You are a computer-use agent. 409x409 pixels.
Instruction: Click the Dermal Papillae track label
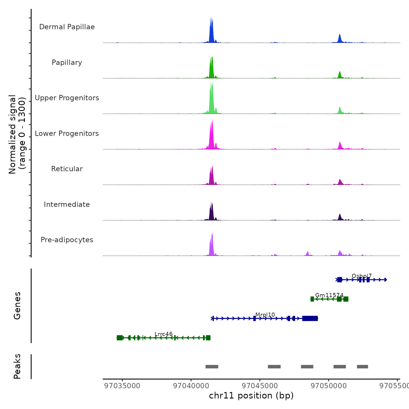tap(67, 27)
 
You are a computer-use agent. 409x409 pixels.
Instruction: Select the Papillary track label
tap(67, 63)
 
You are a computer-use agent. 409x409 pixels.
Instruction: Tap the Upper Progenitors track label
tap(67, 98)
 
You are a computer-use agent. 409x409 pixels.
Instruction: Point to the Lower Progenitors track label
tap(67, 134)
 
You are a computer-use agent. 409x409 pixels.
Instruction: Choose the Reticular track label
tap(67, 169)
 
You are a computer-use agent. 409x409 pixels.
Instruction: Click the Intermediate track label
tap(67, 204)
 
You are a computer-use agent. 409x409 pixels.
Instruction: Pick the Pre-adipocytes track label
tap(67, 240)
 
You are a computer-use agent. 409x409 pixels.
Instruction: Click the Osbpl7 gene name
tap(362, 276)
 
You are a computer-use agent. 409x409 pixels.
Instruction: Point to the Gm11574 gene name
tap(329, 295)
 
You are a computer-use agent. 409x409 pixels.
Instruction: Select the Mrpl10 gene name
tap(265, 315)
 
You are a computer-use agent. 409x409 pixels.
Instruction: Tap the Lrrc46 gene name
tap(164, 334)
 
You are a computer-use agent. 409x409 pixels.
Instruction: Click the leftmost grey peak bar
tap(212, 367)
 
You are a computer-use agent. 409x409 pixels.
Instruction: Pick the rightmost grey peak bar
tap(362, 367)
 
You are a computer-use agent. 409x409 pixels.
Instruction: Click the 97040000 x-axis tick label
tap(191, 386)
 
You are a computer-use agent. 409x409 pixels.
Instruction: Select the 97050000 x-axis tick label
tap(329, 386)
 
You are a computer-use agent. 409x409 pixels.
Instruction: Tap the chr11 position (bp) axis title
tap(251, 396)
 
